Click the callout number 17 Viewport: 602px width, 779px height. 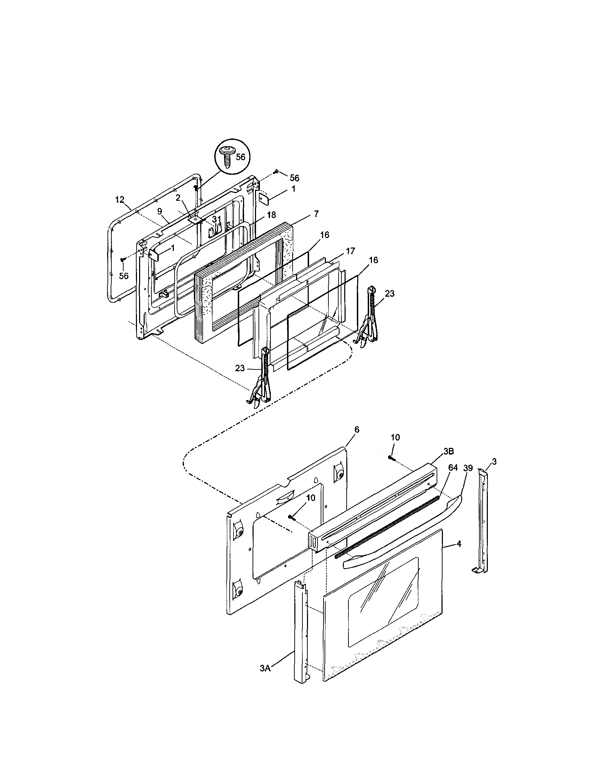tap(351, 251)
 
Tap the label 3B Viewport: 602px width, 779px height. tap(449, 451)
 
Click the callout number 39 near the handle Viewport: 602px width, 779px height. tap(467, 468)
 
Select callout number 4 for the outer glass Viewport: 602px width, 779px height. tap(459, 544)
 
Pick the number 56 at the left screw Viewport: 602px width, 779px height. tap(124, 276)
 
